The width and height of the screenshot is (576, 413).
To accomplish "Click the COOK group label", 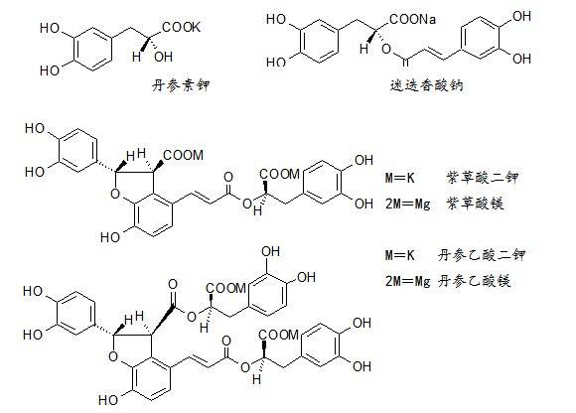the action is pyautogui.click(x=181, y=27).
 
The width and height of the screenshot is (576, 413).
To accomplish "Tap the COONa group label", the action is pyautogui.click(x=412, y=19).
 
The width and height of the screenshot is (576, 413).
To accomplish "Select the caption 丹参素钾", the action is pyautogui.click(x=181, y=85).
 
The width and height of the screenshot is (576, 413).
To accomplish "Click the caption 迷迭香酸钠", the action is pyautogui.click(x=426, y=85).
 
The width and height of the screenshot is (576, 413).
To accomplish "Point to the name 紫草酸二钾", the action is pyautogui.click(x=483, y=178).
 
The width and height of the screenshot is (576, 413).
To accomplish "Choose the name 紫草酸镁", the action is pyautogui.click(x=475, y=203).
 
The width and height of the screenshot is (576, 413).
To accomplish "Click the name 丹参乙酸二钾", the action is pyautogui.click(x=482, y=255).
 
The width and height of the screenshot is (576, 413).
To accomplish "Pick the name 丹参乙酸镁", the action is pyautogui.click(x=475, y=281).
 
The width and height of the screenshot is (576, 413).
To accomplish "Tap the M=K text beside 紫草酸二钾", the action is pyautogui.click(x=399, y=178).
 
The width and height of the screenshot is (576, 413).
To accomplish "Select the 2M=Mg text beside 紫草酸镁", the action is pyautogui.click(x=408, y=204).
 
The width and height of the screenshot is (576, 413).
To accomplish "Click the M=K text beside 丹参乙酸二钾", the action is pyautogui.click(x=399, y=255).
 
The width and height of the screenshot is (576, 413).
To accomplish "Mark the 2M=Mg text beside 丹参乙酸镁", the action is pyautogui.click(x=408, y=282).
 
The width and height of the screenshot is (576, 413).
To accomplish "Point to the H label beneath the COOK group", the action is pyautogui.click(x=136, y=57).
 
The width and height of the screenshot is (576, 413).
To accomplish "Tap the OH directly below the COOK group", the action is pyautogui.click(x=164, y=57).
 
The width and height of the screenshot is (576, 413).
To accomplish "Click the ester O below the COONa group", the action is pyautogui.click(x=385, y=49).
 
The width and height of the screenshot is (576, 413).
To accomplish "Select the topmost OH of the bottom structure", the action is pyautogui.click(x=271, y=251).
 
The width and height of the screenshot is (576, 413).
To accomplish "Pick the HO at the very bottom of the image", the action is pyautogui.click(x=108, y=400).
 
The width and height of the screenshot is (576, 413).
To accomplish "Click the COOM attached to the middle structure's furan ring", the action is pyautogui.click(x=183, y=155).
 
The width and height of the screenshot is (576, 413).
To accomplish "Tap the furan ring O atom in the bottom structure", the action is pyautogui.click(x=113, y=356).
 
